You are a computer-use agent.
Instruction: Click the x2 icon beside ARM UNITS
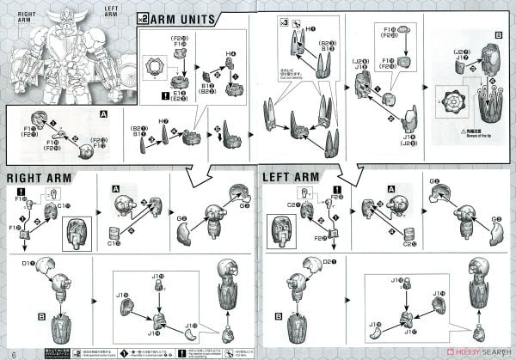143,19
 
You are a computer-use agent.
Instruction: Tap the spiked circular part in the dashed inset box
459,100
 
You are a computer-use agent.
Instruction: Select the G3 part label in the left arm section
496,219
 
